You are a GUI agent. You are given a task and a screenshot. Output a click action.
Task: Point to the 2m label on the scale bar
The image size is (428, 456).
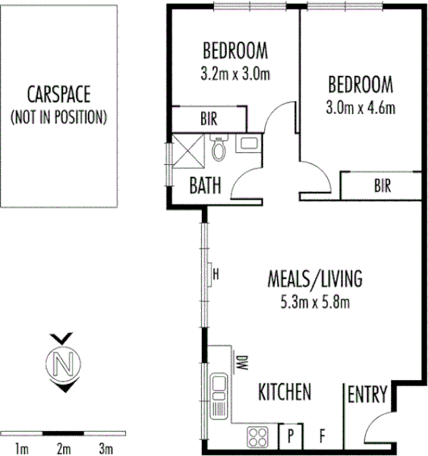[63, 448]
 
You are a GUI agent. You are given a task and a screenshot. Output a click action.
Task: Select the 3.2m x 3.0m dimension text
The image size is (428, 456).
[234, 74]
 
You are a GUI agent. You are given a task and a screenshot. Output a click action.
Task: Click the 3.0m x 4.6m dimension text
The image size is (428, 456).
[361, 106]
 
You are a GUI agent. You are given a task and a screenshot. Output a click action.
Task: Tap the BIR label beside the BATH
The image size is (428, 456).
[208, 119]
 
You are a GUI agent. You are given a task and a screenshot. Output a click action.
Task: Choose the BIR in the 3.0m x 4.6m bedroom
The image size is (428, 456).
[382, 185]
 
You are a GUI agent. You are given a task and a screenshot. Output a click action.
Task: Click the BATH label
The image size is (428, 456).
[205, 185]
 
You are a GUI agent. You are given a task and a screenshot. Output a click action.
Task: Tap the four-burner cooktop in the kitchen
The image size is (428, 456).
[258, 437]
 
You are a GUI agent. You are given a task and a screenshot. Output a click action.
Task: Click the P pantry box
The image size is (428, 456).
[290, 437]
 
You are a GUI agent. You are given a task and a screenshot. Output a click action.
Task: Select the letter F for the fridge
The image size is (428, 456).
[321, 437]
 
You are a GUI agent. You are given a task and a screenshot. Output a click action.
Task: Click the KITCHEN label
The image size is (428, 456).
[284, 393]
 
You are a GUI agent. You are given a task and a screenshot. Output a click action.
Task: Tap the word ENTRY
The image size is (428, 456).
[367, 395]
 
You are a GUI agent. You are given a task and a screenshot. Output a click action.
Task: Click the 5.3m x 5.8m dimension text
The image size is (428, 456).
[315, 303]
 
